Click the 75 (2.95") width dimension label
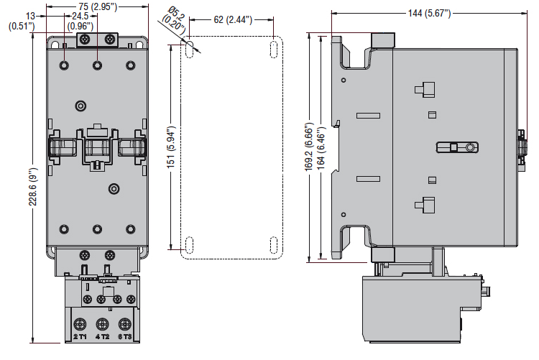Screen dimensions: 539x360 coord(98,6)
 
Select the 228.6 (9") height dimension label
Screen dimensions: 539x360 coord(32,187)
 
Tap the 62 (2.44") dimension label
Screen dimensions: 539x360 coord(233,19)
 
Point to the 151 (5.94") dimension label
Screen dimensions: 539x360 coord(171,147)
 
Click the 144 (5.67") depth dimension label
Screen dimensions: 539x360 coord(429,14)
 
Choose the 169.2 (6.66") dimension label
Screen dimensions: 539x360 coord(309,147)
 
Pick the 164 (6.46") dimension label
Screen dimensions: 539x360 coord(321,148)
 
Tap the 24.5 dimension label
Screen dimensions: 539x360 coord(80,16)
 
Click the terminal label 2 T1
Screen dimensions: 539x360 coord(80,336)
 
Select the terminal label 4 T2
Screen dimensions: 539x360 coord(102,336)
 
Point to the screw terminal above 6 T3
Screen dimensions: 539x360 coord(125,324)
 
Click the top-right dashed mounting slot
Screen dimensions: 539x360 coord(274,50)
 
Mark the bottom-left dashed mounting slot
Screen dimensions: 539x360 coord(189,245)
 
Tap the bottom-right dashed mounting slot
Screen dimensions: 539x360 coord(274,245)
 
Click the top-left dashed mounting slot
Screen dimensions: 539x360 coord(189,50)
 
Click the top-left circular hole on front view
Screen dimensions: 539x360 coord(64,65)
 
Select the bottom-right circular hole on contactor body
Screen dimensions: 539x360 coord(131,229)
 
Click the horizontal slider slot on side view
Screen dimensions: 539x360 coord(457,147)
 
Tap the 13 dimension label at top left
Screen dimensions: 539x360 coord(31,16)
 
